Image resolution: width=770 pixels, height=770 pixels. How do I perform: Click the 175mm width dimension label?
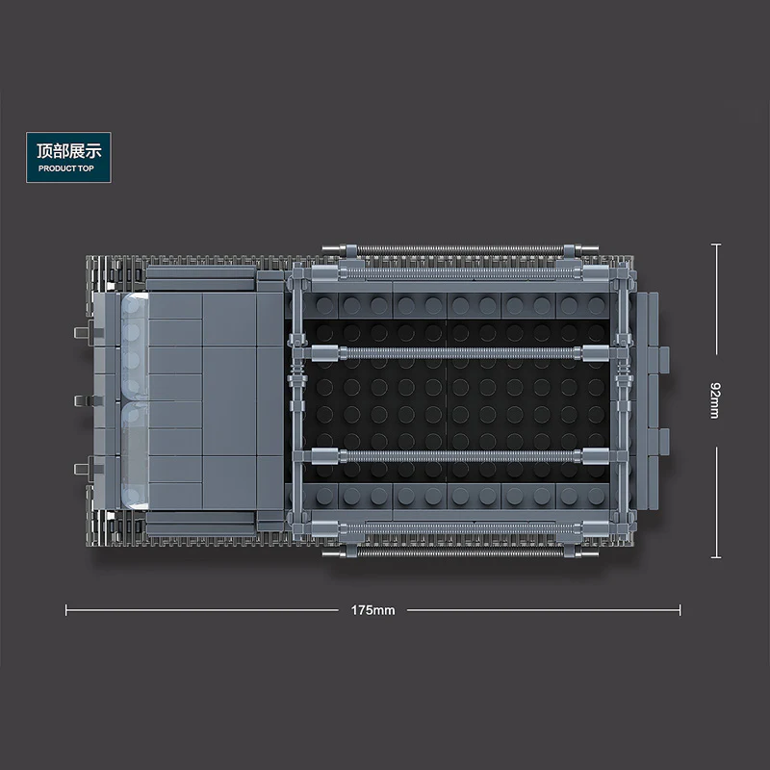pos(372,610)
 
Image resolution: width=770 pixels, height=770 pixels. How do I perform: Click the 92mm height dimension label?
pos(715,400)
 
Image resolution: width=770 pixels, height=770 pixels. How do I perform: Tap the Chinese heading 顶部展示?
pos(68,151)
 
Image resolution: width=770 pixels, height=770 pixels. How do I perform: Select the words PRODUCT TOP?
pos(65,168)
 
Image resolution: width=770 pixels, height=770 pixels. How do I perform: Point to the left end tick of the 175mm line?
pos(65,610)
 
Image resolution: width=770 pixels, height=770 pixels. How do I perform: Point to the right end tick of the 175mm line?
pos(680,610)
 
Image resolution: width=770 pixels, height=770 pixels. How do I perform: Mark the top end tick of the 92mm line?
pos(716,244)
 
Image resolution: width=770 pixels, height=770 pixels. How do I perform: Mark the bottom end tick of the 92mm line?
pos(716,557)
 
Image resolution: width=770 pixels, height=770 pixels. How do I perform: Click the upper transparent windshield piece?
pos(134,346)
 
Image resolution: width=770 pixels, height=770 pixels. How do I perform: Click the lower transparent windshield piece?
pos(134,455)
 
